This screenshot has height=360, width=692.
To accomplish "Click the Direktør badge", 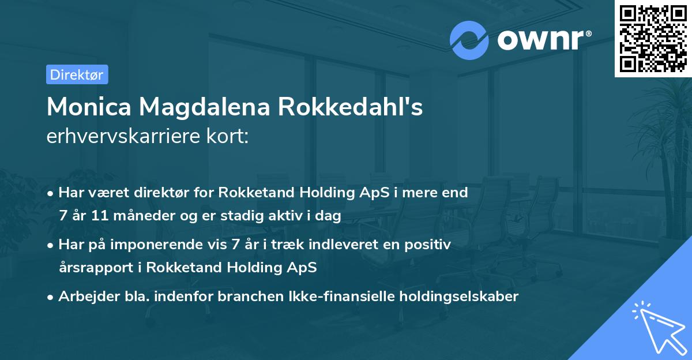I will click(77, 74).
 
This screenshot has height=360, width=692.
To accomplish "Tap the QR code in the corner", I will click(653, 38).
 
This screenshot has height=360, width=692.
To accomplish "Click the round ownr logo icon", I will click(469, 40).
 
